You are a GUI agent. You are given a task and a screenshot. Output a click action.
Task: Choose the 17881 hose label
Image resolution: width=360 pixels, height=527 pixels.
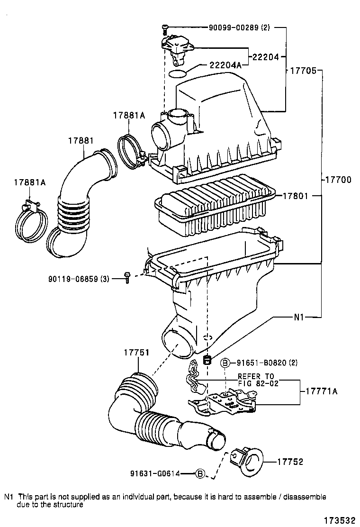(80, 141)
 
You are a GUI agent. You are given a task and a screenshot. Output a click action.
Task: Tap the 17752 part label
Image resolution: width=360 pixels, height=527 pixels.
(290, 462)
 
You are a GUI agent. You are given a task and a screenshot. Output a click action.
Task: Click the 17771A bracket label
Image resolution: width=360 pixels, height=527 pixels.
(321, 391)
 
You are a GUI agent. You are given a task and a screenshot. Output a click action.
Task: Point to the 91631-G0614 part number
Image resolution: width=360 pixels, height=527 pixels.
(161, 473)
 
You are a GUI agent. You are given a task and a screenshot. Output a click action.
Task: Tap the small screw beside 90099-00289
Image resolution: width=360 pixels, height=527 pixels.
(164, 28)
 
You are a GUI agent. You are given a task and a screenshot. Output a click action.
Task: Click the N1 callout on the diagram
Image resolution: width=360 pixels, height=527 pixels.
(298, 318)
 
